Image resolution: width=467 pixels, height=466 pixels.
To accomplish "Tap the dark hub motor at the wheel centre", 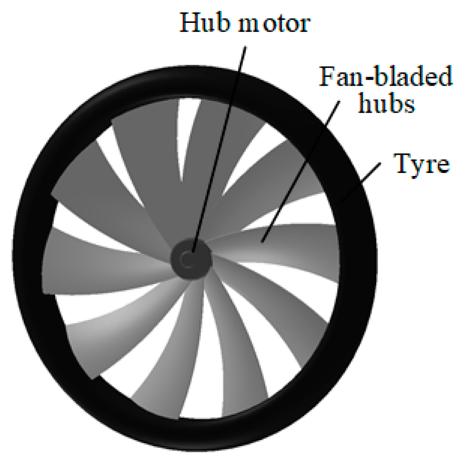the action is (190, 259).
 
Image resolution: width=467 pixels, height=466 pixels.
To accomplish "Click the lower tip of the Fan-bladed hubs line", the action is (263, 241).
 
